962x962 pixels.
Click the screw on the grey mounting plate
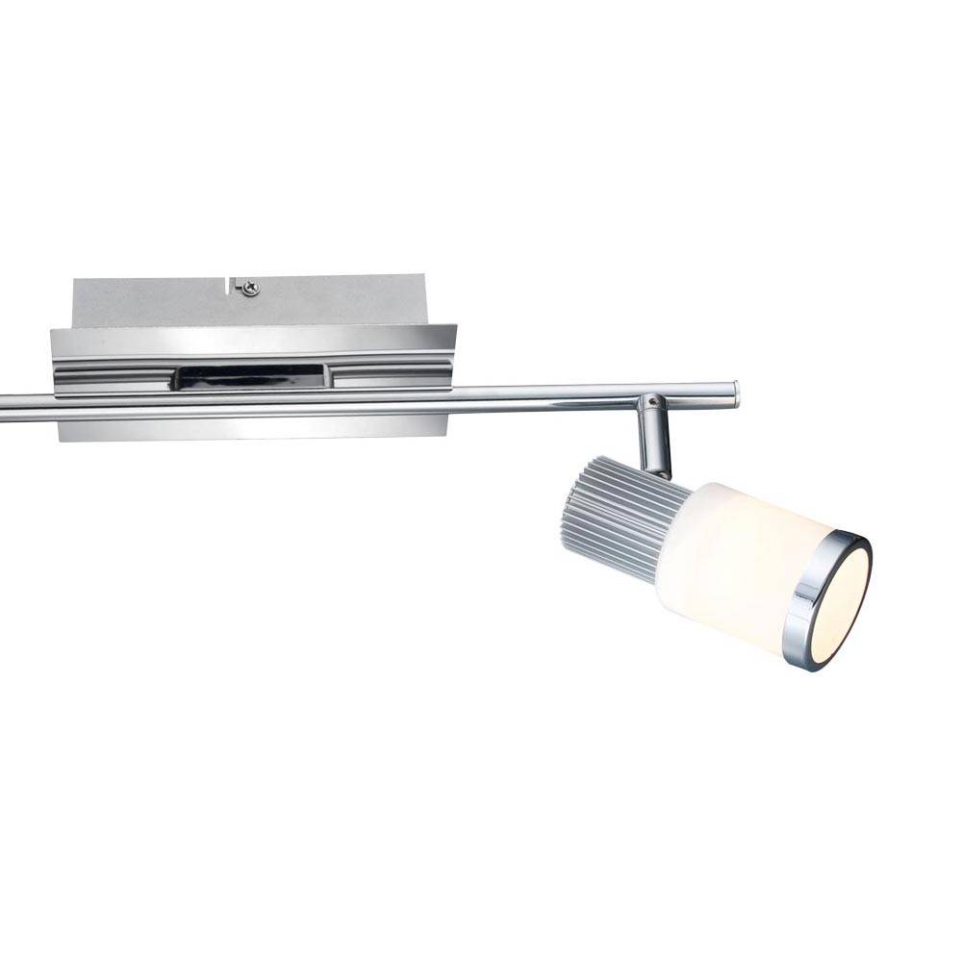(x=250, y=287)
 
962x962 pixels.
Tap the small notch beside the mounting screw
(x=233, y=285)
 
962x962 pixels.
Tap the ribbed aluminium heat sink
(x=616, y=519)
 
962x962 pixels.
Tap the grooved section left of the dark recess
(x=111, y=375)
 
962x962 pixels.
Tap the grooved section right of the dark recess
(x=390, y=375)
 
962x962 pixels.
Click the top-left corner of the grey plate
(x=74, y=280)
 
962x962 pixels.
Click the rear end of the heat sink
(x=566, y=510)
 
